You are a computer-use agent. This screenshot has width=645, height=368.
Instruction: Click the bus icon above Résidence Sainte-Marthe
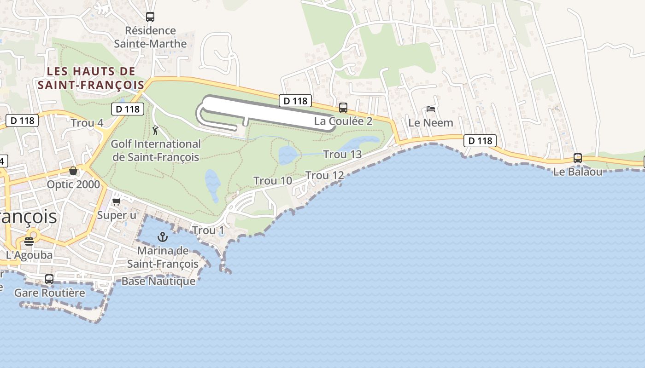[150, 17]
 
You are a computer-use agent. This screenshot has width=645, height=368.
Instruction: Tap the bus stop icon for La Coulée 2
[343, 108]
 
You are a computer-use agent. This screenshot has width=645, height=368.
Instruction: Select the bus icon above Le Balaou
[578, 158]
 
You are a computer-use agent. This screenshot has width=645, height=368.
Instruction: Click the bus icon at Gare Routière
[49, 279]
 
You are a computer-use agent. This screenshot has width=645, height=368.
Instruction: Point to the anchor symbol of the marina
[162, 237]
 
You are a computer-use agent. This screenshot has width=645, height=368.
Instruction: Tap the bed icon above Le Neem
[431, 109]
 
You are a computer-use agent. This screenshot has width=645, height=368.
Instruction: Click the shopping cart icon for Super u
[116, 202]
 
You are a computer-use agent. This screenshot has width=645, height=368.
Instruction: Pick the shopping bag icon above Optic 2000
[73, 171]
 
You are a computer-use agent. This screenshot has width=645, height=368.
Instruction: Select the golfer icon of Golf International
[155, 130]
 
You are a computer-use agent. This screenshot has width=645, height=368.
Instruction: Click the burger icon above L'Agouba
[29, 241]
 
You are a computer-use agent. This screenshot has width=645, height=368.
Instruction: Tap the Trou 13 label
[342, 154]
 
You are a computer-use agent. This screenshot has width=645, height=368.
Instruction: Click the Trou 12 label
[324, 175]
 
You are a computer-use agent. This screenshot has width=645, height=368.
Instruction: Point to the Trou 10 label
[273, 181]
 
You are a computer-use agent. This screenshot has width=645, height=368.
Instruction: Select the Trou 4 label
[87, 123]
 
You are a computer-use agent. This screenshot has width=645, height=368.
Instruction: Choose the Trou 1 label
[208, 230]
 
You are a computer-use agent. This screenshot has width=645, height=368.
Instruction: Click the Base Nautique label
[158, 281]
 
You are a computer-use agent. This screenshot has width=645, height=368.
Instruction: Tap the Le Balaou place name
[578, 172]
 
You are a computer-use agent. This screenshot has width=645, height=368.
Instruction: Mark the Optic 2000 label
[73, 184]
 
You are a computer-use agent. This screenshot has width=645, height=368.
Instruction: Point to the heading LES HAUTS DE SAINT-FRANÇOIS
[91, 78]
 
